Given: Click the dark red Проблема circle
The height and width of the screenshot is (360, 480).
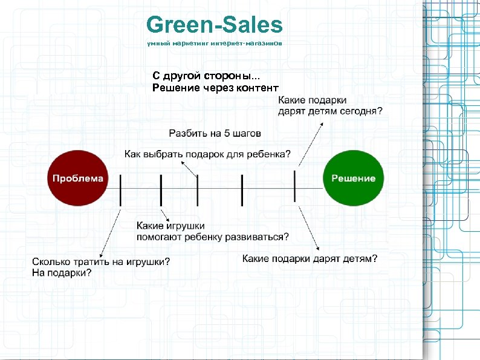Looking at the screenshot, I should (78, 178).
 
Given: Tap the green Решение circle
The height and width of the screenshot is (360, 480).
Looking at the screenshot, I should (354, 178).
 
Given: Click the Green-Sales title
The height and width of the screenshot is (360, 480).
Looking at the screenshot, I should (215, 25).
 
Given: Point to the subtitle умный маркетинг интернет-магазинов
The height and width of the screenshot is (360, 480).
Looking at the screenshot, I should (215, 44).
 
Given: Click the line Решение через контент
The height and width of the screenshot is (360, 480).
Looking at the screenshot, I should (215, 88).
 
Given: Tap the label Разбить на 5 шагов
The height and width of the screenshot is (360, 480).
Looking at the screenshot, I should (215, 133).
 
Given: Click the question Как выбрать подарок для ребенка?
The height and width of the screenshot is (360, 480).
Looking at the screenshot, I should (207, 154).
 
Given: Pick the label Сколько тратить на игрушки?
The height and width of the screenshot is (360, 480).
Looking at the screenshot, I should (101, 261).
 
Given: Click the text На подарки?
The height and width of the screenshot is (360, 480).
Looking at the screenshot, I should (62, 273).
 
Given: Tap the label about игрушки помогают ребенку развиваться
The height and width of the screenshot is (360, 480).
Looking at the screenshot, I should (213, 231).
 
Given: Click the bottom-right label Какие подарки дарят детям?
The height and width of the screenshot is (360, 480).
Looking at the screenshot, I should (310, 258).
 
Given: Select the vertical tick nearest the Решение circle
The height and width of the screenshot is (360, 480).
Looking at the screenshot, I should (294, 186).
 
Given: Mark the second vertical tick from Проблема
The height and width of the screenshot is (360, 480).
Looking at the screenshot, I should (161, 190).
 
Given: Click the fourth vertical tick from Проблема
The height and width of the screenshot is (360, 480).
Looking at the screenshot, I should (242, 190).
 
